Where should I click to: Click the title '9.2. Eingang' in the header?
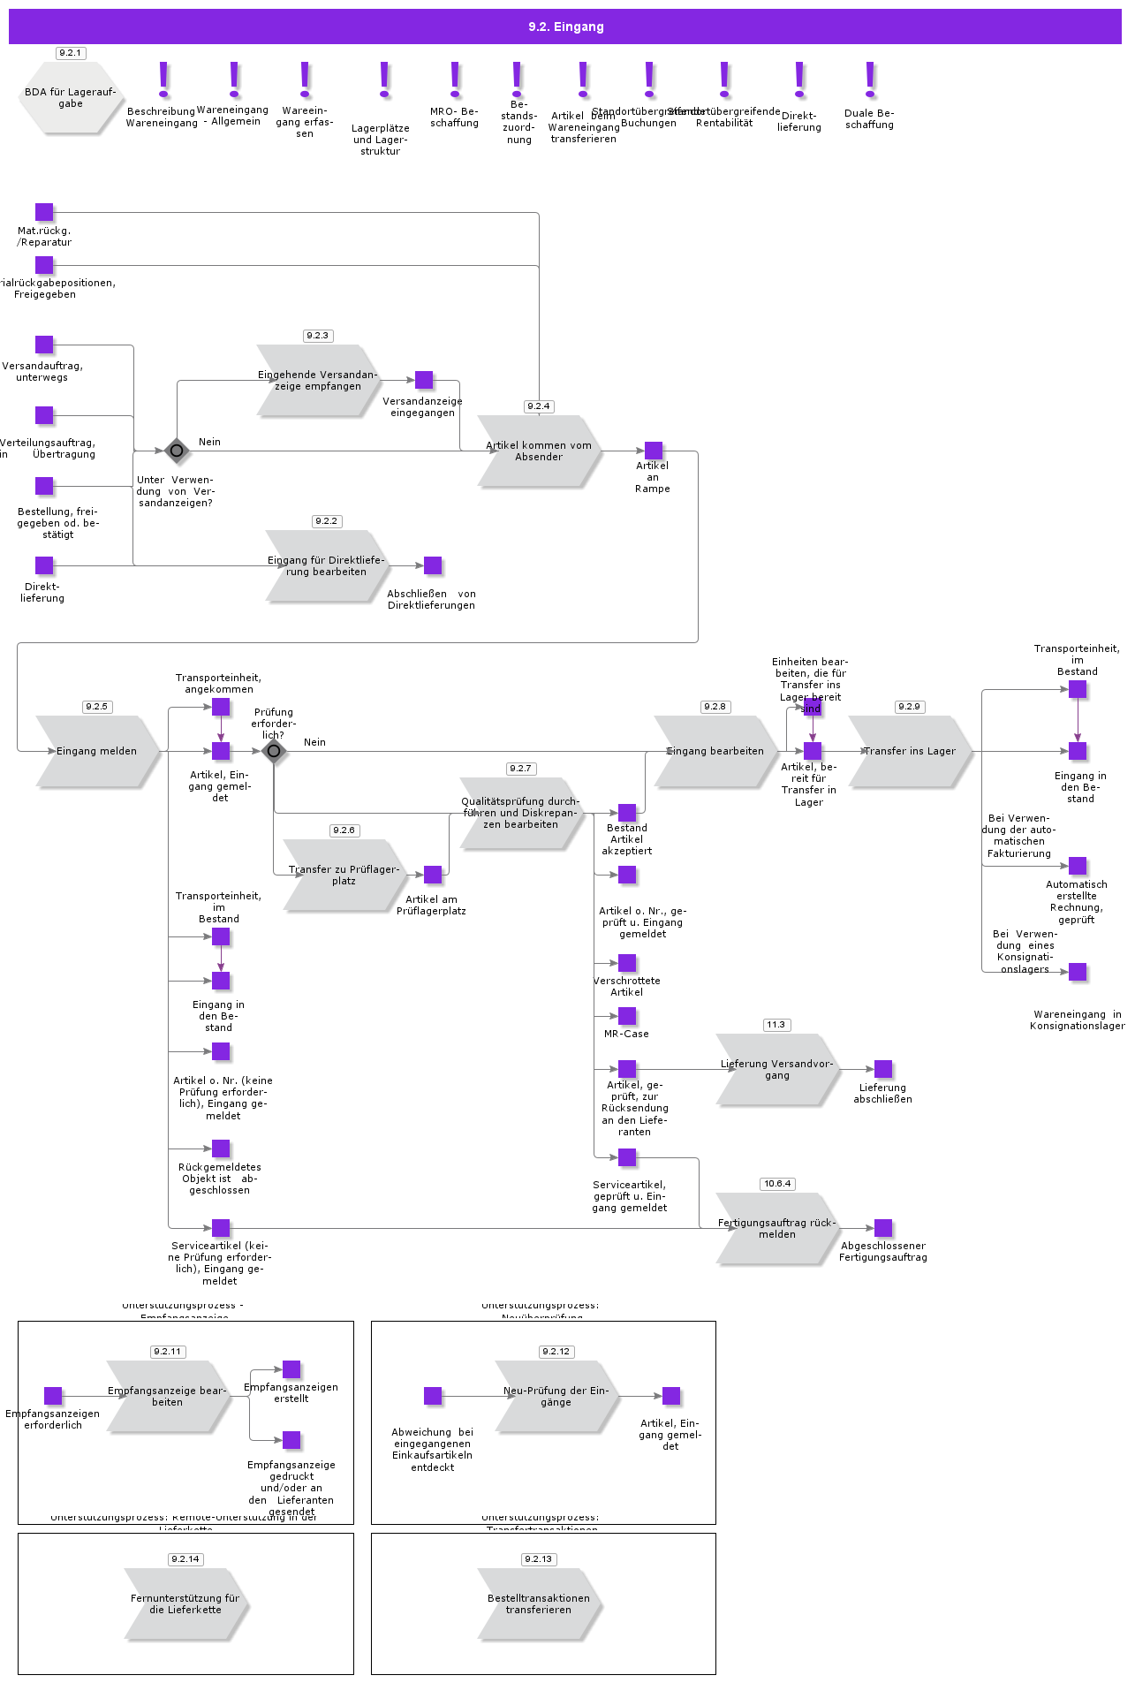[x=565, y=27]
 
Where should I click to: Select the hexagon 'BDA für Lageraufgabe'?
[x=71, y=98]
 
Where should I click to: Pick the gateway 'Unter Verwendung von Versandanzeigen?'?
[x=177, y=451]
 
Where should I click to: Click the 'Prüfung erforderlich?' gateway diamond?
[x=274, y=751]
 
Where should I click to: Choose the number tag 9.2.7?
[x=521, y=769]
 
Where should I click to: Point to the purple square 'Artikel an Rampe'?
[x=654, y=451]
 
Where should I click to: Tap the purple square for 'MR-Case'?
[x=627, y=1016]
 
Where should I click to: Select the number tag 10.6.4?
[x=777, y=1184]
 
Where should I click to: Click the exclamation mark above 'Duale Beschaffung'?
[x=870, y=80]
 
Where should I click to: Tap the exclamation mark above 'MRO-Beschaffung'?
[x=455, y=80]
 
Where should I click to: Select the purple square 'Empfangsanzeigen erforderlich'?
[x=53, y=1396]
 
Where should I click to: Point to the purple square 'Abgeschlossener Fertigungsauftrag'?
[x=883, y=1228]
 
